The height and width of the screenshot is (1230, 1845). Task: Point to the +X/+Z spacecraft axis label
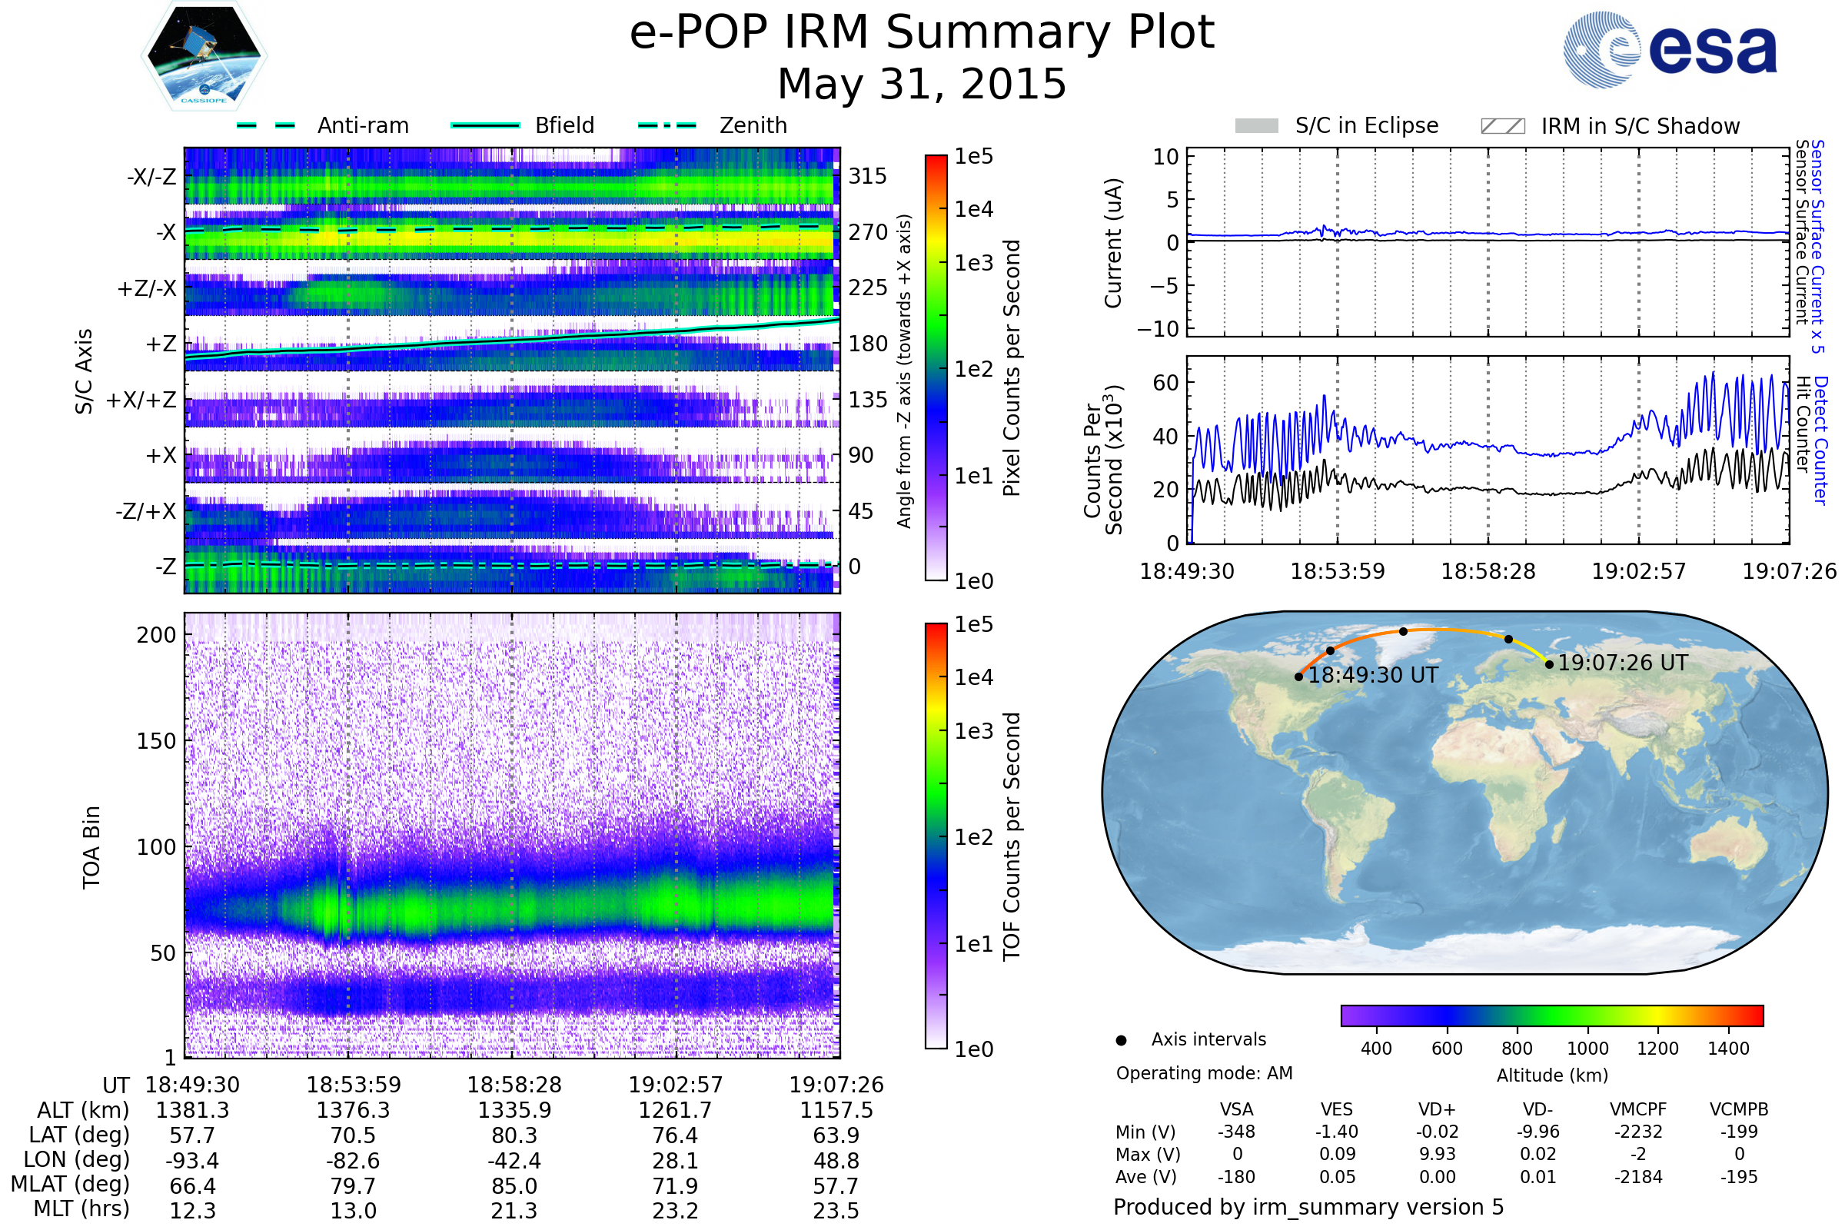tap(141, 400)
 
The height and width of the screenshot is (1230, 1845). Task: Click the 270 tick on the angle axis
tap(868, 232)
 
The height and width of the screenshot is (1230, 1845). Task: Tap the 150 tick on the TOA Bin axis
tap(156, 741)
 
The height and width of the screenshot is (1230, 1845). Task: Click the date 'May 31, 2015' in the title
tap(922, 84)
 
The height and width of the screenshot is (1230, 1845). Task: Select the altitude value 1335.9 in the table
tap(514, 1110)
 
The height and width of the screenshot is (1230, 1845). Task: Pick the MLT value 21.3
tap(514, 1210)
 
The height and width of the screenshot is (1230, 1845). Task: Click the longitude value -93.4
tap(192, 1160)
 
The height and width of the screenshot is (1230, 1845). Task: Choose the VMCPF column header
tap(1638, 1109)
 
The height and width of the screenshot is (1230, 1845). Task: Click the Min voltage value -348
tap(1236, 1132)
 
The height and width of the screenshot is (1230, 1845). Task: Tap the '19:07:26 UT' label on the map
tap(1622, 663)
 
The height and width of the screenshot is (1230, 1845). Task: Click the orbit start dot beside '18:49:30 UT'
tap(1299, 676)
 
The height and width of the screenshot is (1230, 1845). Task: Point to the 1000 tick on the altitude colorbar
tap(1587, 1049)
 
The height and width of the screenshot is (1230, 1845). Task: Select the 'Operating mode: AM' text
tap(1204, 1073)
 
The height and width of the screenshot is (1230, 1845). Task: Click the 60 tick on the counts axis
tap(1165, 383)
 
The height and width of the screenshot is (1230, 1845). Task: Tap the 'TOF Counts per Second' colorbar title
tap(1012, 836)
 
